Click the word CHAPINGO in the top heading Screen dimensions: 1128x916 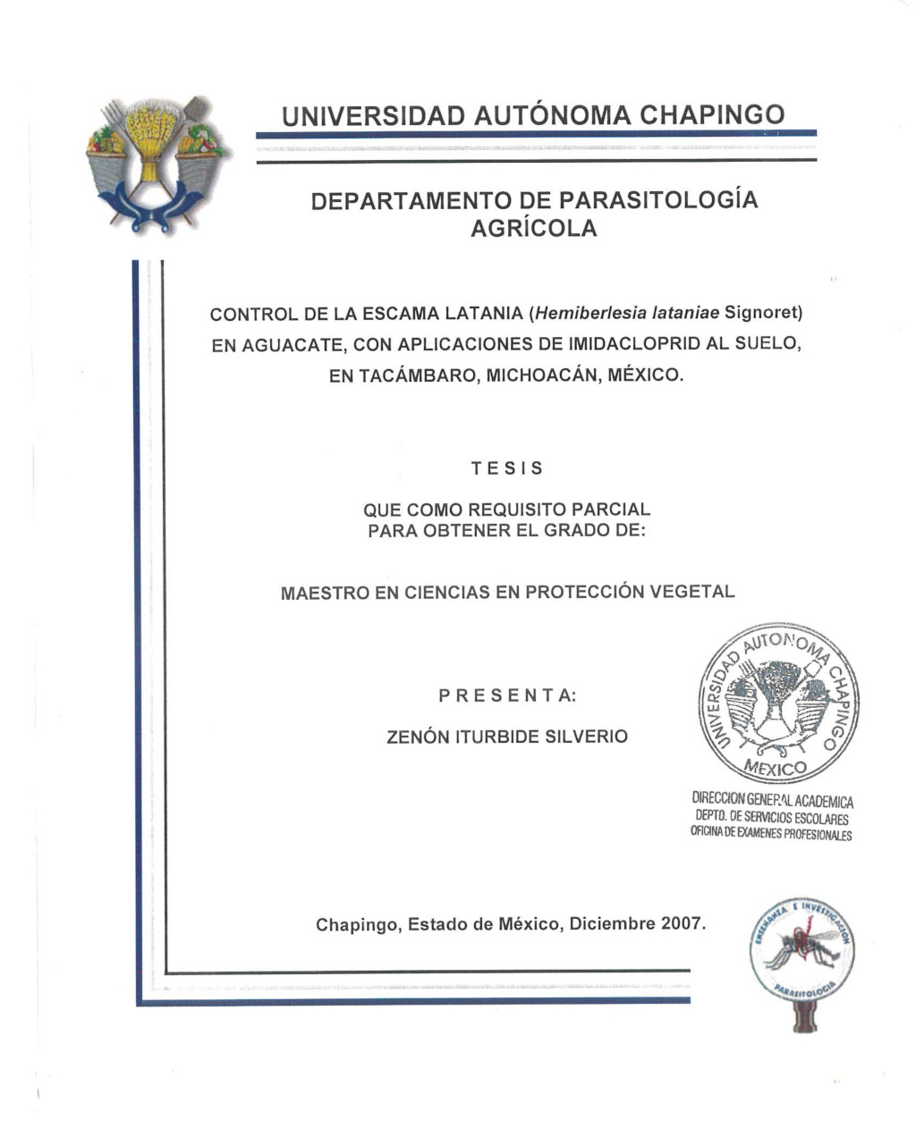tap(713, 115)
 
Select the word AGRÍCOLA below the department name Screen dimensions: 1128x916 tap(533, 229)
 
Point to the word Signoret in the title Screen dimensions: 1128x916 tap(763, 314)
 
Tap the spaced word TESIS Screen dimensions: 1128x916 tap(506, 468)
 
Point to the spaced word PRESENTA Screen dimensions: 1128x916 tap(507, 695)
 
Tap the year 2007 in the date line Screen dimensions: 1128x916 tap(682, 924)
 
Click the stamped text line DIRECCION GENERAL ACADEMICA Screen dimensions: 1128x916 tap(772, 801)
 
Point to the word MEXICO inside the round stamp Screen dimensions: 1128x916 tap(775, 769)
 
